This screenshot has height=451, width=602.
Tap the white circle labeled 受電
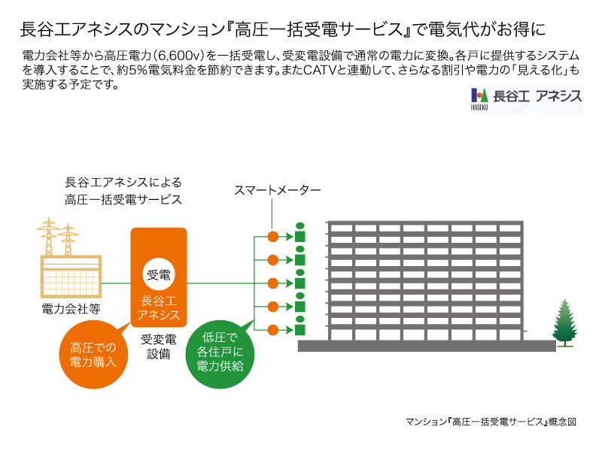click(x=159, y=274)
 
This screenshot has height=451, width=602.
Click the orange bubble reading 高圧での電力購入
click(x=93, y=355)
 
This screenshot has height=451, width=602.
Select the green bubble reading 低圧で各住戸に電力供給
click(x=220, y=352)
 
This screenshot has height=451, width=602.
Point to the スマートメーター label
click(x=277, y=190)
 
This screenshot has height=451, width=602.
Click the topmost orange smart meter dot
click(x=272, y=237)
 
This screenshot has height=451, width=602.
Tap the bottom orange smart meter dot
click(x=272, y=330)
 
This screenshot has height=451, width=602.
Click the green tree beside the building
click(x=564, y=322)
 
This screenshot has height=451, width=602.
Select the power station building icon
click(x=71, y=276)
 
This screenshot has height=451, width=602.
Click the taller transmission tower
click(x=49, y=237)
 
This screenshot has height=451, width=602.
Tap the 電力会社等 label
click(x=71, y=309)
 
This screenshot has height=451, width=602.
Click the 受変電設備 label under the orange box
click(x=159, y=347)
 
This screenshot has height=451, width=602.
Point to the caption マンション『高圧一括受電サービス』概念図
click(x=491, y=422)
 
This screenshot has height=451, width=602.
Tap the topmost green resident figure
click(x=299, y=232)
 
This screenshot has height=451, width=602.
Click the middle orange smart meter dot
click(x=272, y=283)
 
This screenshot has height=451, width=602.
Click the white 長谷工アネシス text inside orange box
click(x=159, y=307)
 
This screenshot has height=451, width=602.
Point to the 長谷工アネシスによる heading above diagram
click(x=123, y=182)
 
